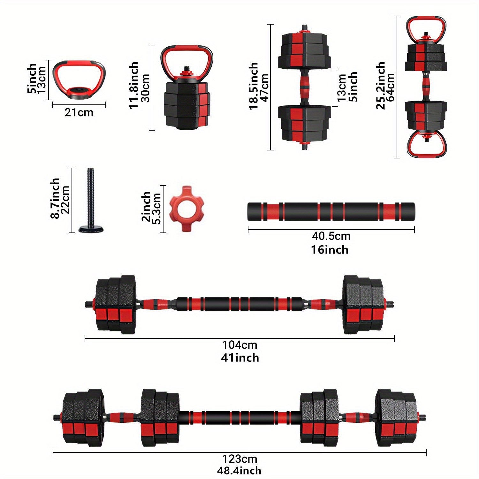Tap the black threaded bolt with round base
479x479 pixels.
click(91, 201)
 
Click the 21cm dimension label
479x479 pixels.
click(79, 112)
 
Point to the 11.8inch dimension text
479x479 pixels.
click(134, 85)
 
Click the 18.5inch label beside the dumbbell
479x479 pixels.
click(254, 86)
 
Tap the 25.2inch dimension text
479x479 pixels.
click(380, 86)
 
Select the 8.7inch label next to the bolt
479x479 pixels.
click(55, 198)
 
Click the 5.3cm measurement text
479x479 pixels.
click(157, 209)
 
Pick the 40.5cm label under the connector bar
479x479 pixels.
click(331, 236)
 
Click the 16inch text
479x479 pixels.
click(330, 249)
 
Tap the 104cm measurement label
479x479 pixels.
click(240, 345)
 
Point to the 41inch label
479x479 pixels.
click(240, 358)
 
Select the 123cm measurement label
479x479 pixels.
click(240, 459)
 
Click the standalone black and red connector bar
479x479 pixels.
click(331, 212)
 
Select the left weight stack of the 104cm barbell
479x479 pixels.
click(116, 304)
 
